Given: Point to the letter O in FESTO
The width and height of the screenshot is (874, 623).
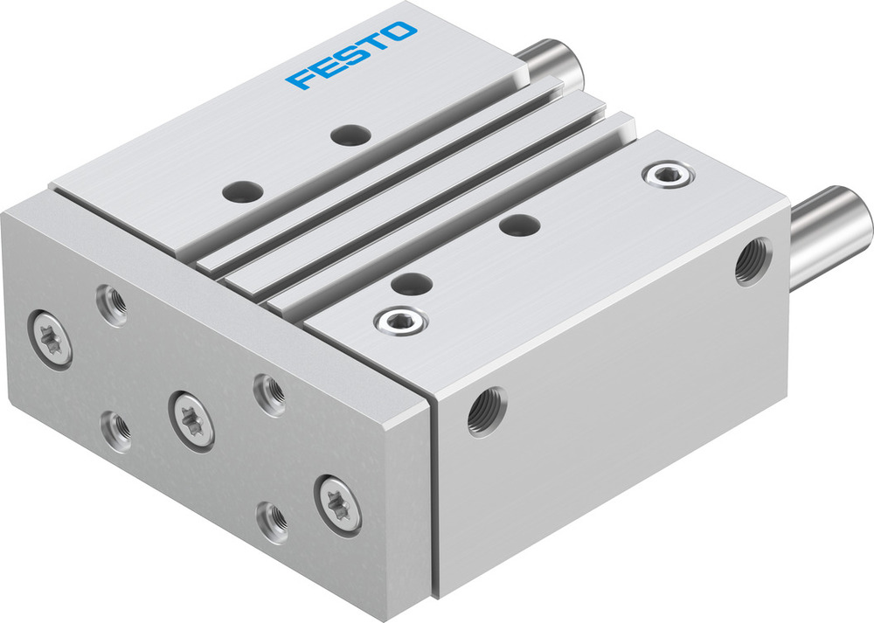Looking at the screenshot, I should point(400,32).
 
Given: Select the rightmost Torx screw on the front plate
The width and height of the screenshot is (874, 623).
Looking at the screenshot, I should point(337,502).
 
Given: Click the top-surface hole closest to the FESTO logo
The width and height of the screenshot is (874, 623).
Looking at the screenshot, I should point(351,135).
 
